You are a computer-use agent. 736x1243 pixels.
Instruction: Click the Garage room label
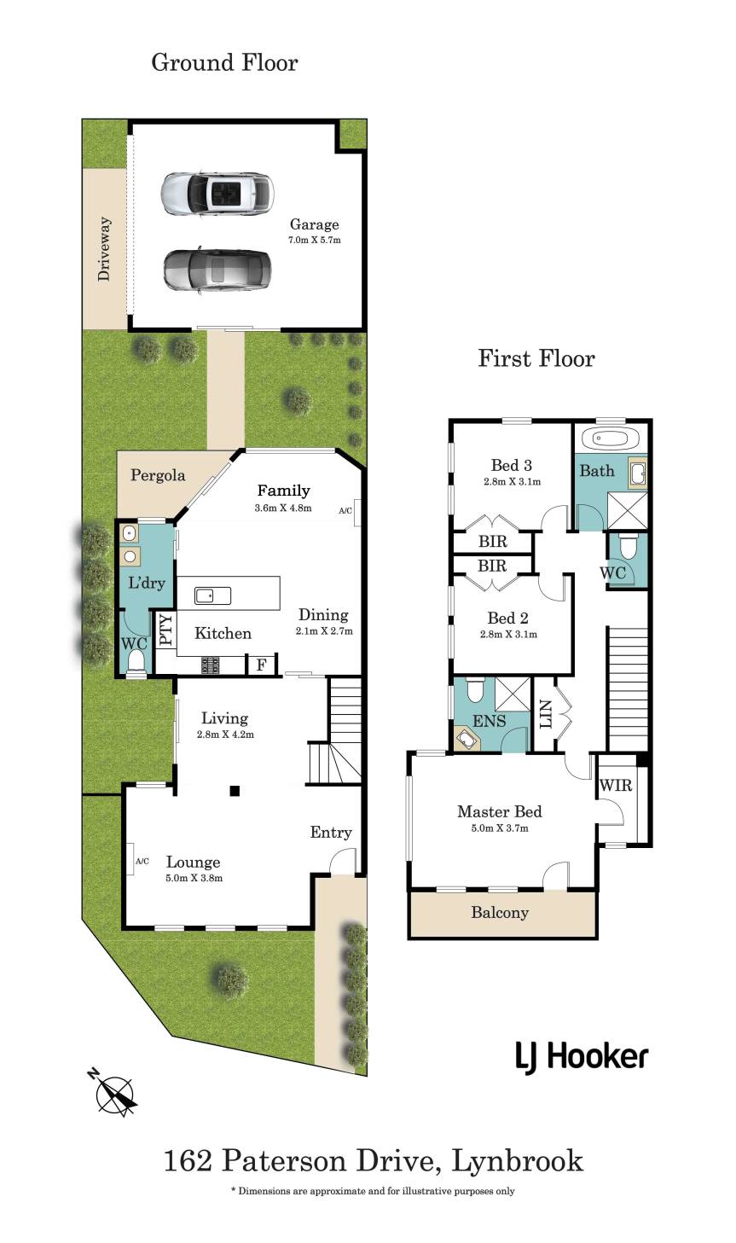314,224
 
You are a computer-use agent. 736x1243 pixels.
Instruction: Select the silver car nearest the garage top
217,193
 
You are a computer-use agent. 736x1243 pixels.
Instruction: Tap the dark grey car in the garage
217,270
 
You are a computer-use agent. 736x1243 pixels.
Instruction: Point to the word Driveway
104,249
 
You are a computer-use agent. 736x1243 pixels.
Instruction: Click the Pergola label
158,475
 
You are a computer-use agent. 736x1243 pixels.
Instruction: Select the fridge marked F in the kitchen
261,665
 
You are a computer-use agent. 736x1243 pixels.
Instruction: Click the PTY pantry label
165,629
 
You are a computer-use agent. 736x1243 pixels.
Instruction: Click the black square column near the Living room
235,791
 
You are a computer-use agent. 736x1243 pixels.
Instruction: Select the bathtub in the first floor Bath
610,439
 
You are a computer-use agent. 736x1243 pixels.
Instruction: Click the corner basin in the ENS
466,739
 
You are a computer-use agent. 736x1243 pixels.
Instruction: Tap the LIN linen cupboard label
545,714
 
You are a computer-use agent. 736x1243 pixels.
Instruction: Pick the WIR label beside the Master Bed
616,785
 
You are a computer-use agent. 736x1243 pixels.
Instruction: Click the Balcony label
500,912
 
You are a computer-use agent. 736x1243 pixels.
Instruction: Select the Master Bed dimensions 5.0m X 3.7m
500,828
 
